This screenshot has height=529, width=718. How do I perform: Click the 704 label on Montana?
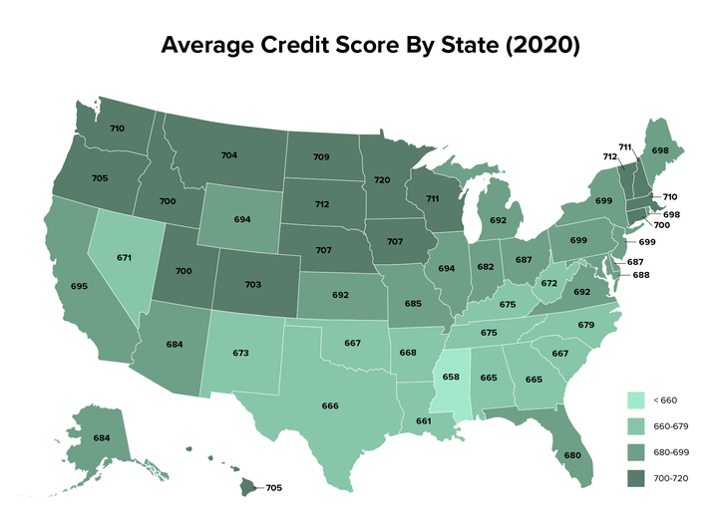click(228, 155)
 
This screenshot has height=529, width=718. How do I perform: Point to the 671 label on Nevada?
click(124, 257)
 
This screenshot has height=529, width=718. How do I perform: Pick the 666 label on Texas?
click(330, 405)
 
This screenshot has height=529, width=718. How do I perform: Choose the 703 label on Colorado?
click(252, 284)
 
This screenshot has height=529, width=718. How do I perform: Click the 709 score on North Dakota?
click(321, 156)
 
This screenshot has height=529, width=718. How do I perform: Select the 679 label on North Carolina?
click(586, 325)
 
